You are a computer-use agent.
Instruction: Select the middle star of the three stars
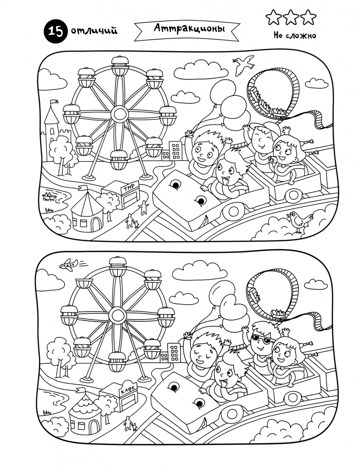(x=291, y=17)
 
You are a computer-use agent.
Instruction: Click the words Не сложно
(x=295, y=35)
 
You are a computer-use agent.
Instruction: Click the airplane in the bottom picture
(x=69, y=264)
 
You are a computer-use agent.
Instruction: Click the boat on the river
(x=49, y=196)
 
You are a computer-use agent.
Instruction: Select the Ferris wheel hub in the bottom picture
(x=117, y=316)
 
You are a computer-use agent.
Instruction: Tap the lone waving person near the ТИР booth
(x=144, y=208)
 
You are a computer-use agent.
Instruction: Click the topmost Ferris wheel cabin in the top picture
(x=120, y=66)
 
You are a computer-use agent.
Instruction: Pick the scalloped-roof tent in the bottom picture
(x=86, y=412)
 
